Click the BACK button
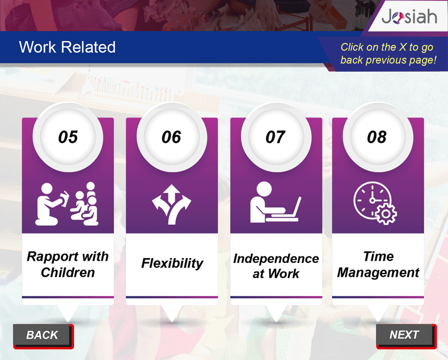(x=43, y=336)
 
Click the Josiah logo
(x=409, y=17)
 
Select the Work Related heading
(x=67, y=47)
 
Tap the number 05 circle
(x=68, y=137)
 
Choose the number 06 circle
(x=172, y=137)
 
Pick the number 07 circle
(x=276, y=137)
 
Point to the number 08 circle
(x=378, y=137)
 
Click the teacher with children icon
(x=67, y=204)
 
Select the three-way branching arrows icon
(x=172, y=204)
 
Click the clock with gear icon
(x=375, y=203)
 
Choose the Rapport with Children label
(x=68, y=265)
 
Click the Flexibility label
(x=172, y=263)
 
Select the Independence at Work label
(x=276, y=266)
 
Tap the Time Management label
(x=378, y=265)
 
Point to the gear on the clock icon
(x=386, y=214)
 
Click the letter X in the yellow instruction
(x=402, y=47)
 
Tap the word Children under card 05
(x=68, y=273)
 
